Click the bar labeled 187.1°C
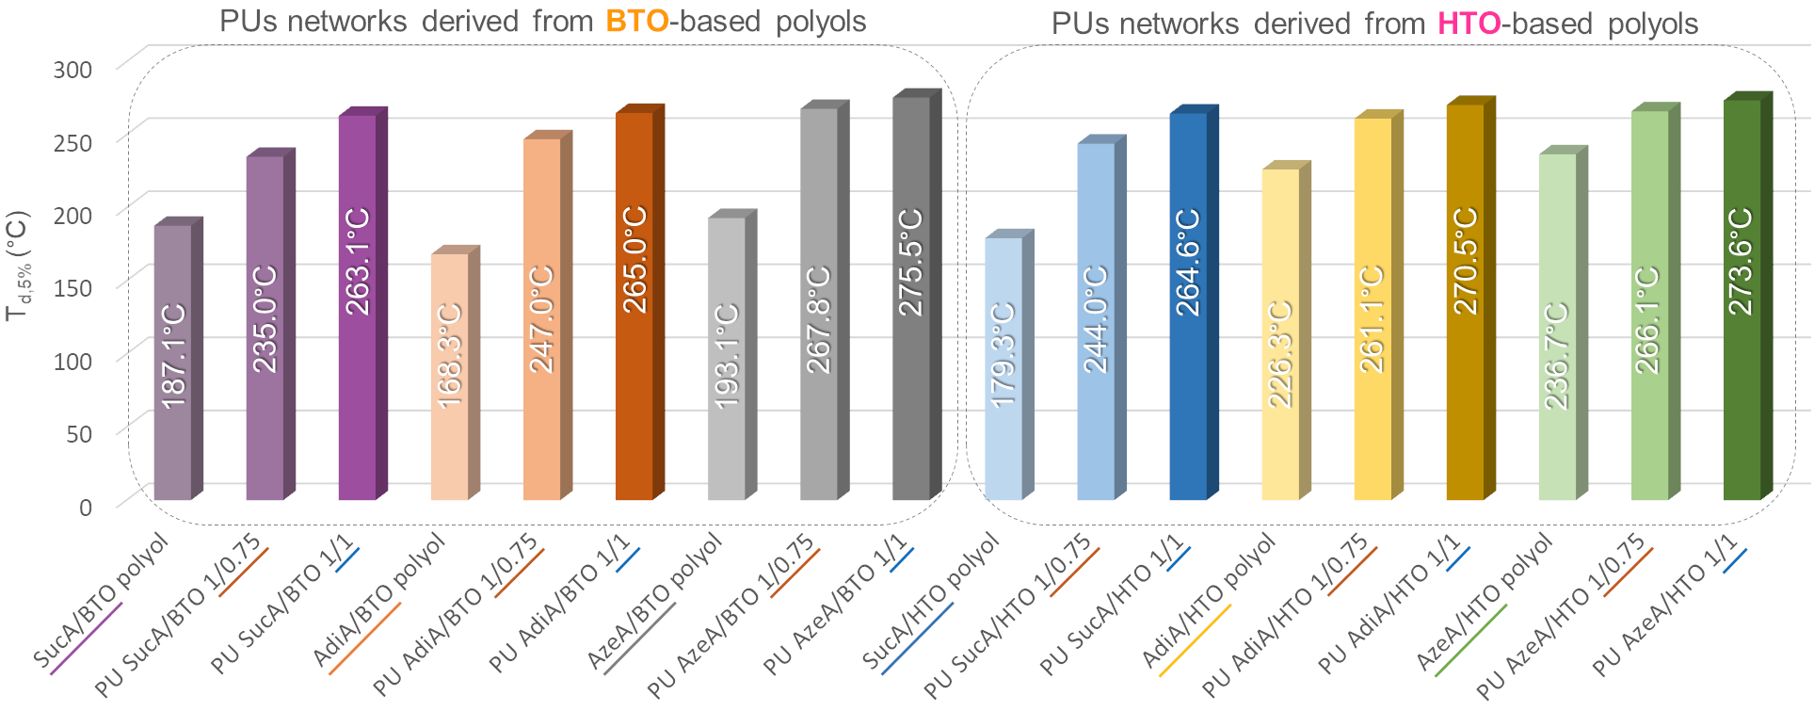click(173, 363)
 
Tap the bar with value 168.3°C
click(450, 377)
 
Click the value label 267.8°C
click(819, 320)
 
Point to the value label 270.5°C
click(1466, 262)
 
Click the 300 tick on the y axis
click(72, 69)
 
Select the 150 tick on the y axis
click(72, 288)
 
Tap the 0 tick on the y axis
click(85, 507)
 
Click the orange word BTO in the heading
click(636, 21)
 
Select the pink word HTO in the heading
click(1469, 24)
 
